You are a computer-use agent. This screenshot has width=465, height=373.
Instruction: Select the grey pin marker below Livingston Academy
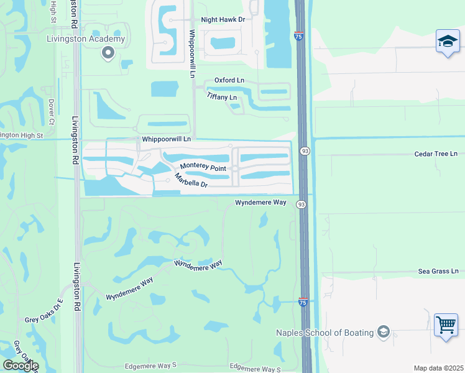(x=108, y=53)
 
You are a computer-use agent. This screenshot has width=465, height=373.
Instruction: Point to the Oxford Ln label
(x=229, y=80)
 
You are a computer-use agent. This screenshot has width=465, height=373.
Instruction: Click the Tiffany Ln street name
(x=222, y=98)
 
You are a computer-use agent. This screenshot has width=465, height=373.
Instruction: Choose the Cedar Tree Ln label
(x=436, y=154)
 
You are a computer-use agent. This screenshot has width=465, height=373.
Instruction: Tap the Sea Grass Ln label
(x=438, y=271)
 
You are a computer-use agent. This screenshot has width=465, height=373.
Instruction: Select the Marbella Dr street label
(x=190, y=181)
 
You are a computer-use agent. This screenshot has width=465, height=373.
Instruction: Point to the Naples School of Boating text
(x=325, y=333)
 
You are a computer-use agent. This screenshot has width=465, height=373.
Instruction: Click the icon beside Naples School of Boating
(x=383, y=332)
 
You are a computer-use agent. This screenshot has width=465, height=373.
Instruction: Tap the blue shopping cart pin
(x=446, y=325)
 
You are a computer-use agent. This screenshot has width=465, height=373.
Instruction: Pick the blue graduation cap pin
(x=447, y=42)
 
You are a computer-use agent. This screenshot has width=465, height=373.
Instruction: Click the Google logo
(x=21, y=366)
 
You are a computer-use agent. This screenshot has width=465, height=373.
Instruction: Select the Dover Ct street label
(x=52, y=110)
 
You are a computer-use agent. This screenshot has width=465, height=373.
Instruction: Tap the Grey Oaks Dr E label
(x=44, y=311)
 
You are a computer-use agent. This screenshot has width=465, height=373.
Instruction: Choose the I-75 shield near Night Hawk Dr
(x=300, y=37)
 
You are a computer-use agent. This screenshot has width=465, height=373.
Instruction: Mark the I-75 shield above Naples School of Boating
(x=303, y=302)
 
